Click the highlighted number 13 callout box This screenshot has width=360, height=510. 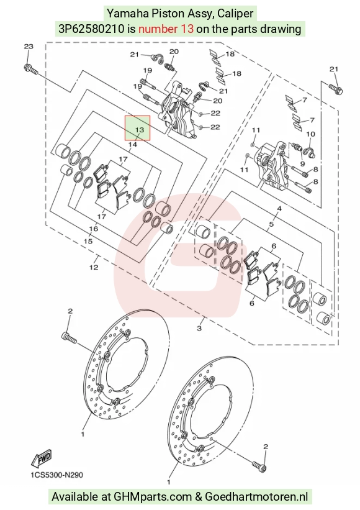click(138, 128)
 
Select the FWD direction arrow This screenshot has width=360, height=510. click(41, 459)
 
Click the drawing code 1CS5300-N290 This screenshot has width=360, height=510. click(57, 475)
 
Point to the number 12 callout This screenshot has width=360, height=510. click(94, 267)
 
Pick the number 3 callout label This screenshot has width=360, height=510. click(199, 328)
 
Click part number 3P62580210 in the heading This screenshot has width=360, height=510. click(91, 29)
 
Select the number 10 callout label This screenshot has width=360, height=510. click(310, 134)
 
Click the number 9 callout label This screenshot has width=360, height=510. click(302, 163)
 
